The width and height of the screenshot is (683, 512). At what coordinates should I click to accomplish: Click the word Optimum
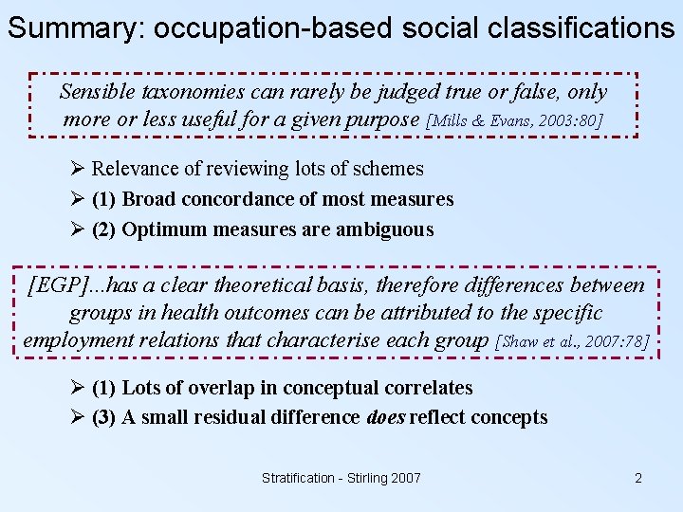pyautogui.click(x=161, y=229)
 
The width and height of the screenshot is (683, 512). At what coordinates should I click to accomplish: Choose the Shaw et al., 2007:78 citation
pyautogui.click(x=573, y=341)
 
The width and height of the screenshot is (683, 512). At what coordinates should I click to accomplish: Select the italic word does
pyautogui.click(x=385, y=417)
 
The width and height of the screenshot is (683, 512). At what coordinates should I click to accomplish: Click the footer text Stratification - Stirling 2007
pyautogui.click(x=341, y=478)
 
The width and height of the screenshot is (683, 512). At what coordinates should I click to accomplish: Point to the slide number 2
pyautogui.click(x=638, y=478)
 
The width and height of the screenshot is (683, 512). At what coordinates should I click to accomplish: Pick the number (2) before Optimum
pyautogui.click(x=105, y=229)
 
